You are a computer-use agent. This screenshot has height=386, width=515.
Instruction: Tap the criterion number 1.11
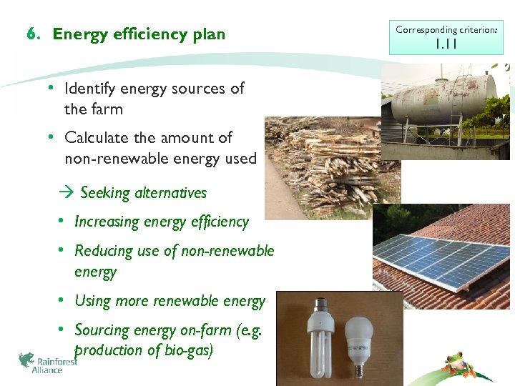[x=446, y=44]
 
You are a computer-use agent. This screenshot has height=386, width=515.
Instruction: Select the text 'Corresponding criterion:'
[x=446, y=30]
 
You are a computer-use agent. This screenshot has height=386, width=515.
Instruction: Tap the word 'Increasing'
[x=107, y=222]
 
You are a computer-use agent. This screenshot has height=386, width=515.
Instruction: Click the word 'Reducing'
[x=104, y=251]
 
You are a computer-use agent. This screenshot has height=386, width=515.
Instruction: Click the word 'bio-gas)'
[x=186, y=350]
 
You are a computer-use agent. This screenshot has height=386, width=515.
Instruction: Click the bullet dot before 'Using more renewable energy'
[x=62, y=301]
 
